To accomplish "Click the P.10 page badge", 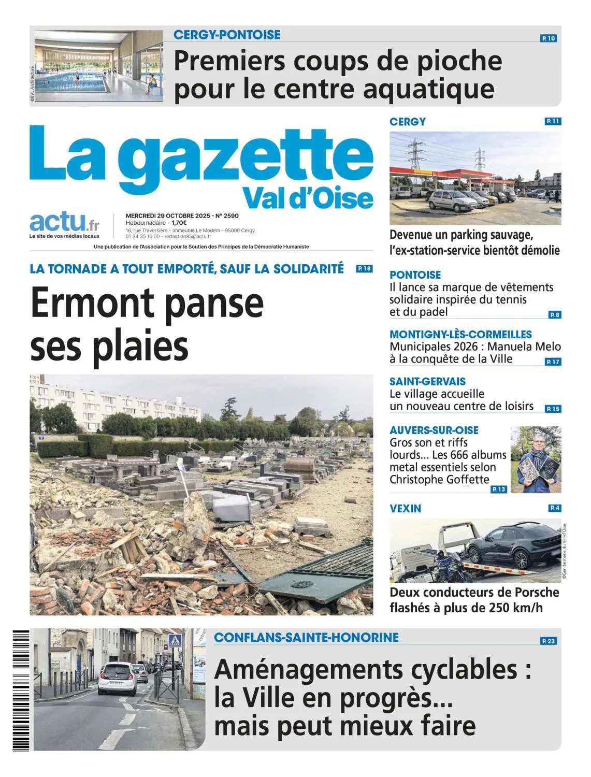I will (549, 38).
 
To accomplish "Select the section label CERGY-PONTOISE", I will (227, 35).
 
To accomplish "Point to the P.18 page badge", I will (364, 269).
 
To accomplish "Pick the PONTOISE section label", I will (415, 275).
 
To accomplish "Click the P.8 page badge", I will (554, 314).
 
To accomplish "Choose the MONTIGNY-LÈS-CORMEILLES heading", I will (460, 334).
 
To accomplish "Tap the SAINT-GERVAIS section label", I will (427, 381).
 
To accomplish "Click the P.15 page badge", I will (553, 409).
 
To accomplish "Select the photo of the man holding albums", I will (536, 459).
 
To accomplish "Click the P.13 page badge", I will (499, 489).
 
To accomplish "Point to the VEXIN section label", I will (405, 509).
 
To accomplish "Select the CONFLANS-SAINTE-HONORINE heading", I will (306, 637).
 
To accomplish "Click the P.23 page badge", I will (548, 641).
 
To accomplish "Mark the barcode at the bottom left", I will (21, 690).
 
